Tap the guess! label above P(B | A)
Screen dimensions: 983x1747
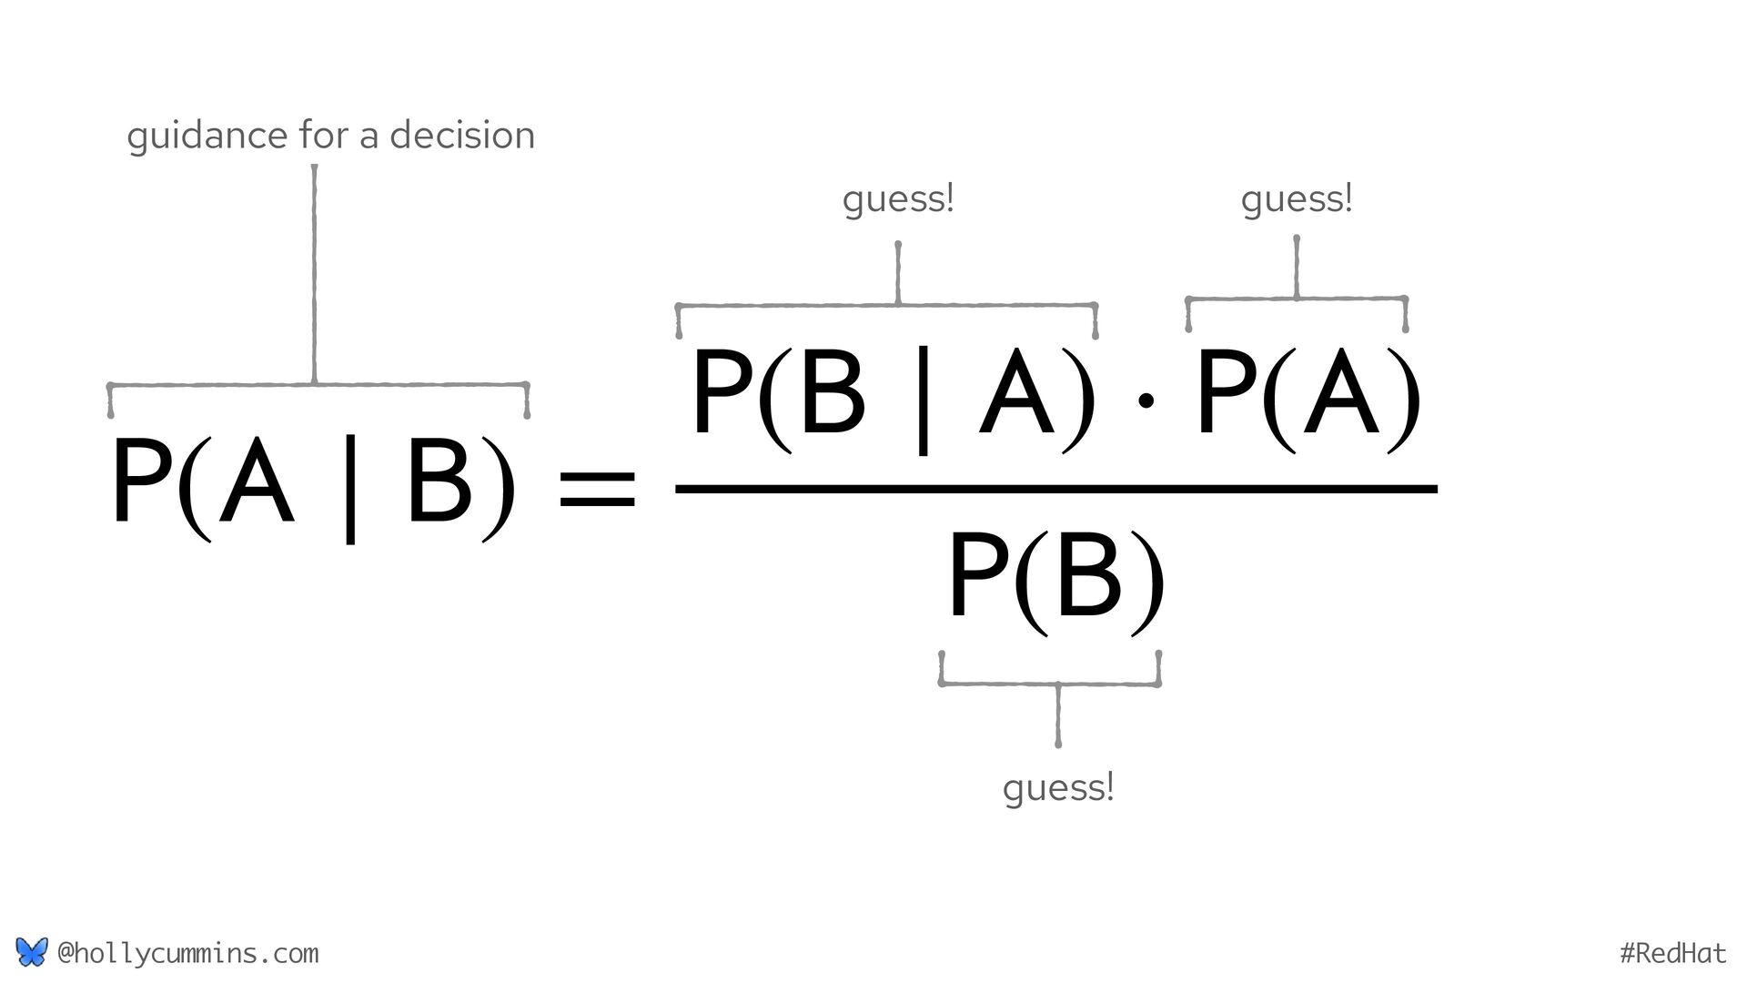898,199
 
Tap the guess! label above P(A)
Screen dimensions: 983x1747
1297,199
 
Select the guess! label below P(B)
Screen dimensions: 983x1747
1058,787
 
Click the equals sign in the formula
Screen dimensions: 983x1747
597,488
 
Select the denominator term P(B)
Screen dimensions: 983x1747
1055,578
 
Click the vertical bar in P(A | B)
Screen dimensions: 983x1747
350,490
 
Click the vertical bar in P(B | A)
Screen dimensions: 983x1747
923,401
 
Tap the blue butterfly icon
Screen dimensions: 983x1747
31,952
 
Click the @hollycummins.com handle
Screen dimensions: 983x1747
187,953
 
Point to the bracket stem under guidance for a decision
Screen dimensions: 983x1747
314,273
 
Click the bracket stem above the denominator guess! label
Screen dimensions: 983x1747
1057,715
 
